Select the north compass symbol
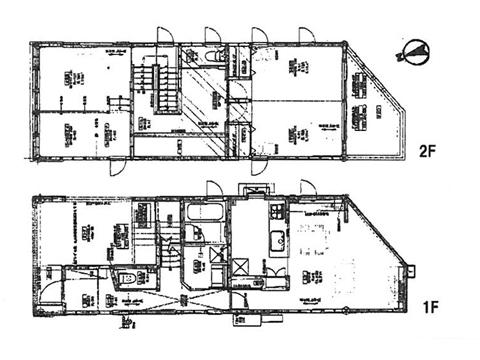[x=416, y=52]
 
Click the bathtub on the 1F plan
[x=204, y=213]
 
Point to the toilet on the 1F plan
[x=125, y=278]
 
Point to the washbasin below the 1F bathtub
[x=195, y=235]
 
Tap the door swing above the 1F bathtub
[x=212, y=188]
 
